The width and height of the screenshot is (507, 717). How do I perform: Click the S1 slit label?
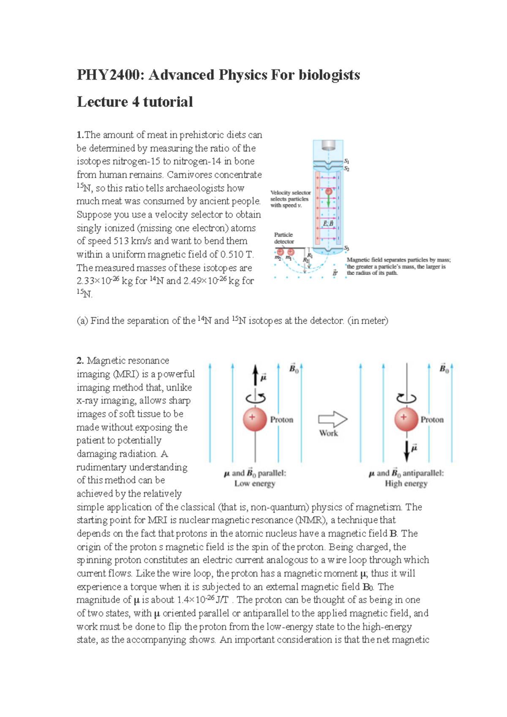click(346, 161)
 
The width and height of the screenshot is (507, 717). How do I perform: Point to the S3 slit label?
click(346, 248)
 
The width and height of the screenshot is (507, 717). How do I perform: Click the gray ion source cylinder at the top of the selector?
click(328, 145)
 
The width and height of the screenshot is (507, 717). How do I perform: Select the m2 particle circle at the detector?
click(280, 252)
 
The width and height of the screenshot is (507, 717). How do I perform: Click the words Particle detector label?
click(284, 238)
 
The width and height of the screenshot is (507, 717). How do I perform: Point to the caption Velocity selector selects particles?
click(290, 199)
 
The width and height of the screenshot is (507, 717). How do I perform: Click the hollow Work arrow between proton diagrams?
click(333, 419)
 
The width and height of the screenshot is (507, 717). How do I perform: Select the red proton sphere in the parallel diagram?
click(255, 419)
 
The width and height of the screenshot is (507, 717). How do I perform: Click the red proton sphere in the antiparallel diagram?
click(406, 419)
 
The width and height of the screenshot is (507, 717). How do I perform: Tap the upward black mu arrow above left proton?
click(255, 375)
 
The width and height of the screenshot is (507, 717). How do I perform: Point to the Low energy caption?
click(255, 483)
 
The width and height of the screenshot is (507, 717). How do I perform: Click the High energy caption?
click(406, 483)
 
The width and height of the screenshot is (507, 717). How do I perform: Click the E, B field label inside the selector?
click(328, 223)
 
